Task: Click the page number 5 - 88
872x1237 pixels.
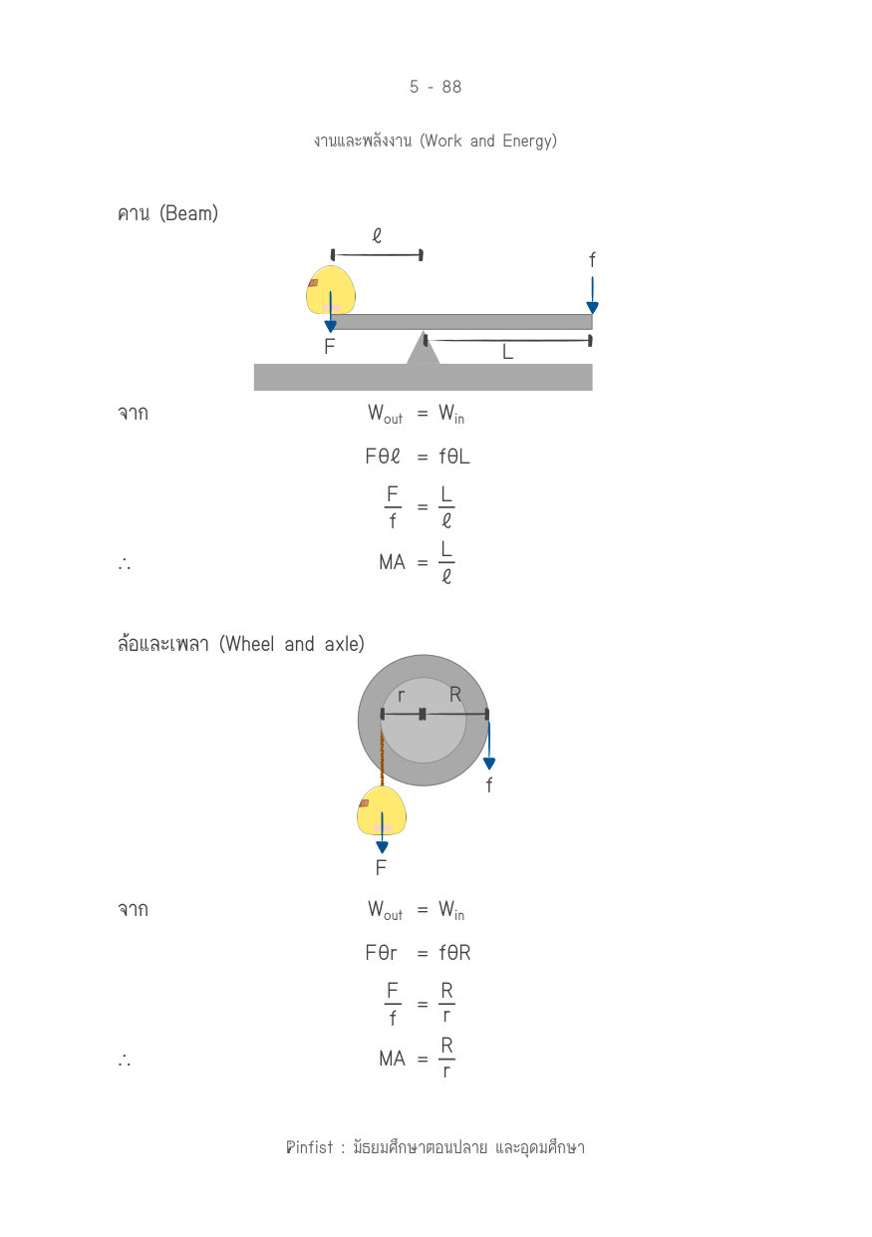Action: coord(436,87)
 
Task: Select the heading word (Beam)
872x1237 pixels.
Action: coord(189,213)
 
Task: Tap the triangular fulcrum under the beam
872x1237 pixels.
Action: coord(423,348)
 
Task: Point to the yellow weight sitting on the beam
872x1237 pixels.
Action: coord(330,290)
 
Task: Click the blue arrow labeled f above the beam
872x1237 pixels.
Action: coord(592,295)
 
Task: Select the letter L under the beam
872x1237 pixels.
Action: coord(507,352)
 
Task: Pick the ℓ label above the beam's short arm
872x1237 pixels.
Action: coord(377,236)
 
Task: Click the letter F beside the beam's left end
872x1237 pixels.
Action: coord(329,346)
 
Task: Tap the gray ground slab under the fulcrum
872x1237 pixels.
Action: coord(423,377)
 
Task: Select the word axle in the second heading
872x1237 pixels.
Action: coord(345,644)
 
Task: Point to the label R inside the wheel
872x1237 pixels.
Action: coord(455,694)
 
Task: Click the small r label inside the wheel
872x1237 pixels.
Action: coord(401,696)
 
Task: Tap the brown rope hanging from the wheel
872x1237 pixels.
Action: coord(382,756)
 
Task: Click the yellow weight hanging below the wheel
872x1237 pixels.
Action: coord(382,811)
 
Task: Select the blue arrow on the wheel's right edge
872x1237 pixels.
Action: coord(488,745)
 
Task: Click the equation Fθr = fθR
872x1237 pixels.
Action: coord(418,953)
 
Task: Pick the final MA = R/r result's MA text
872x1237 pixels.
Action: coord(392,1060)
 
